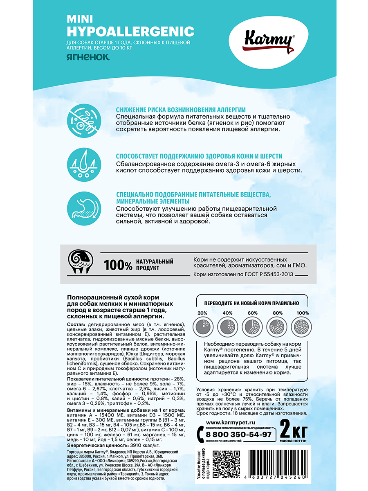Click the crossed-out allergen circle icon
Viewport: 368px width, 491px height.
[85, 119]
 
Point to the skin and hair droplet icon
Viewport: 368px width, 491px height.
[85, 166]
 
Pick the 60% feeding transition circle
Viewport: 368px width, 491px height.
[250, 327]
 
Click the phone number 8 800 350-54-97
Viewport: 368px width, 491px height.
[238, 434]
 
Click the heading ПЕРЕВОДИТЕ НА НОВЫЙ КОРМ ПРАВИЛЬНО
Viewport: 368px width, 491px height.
[249, 303]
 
